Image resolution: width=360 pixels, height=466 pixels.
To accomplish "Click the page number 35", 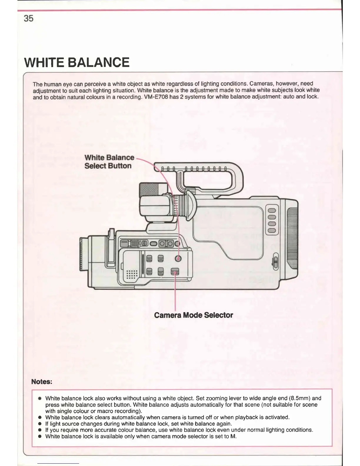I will pyautogui.click(x=29, y=19).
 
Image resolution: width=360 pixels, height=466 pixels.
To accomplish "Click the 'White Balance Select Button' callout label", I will pyautogui.click(x=109, y=162).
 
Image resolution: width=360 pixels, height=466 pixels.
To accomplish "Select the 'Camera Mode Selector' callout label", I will pyautogui.click(x=193, y=315).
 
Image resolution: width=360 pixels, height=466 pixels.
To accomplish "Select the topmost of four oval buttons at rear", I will pyautogui.click(x=271, y=210).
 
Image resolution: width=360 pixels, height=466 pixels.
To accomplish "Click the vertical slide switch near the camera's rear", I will pyautogui.click(x=276, y=261).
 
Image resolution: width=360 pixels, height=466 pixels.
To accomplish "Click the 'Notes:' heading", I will pyautogui.click(x=42, y=382).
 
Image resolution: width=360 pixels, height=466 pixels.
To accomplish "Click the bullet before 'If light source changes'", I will pyautogui.click(x=40, y=424).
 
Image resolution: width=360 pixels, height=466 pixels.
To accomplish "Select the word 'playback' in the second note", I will pyautogui.click(x=251, y=417).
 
